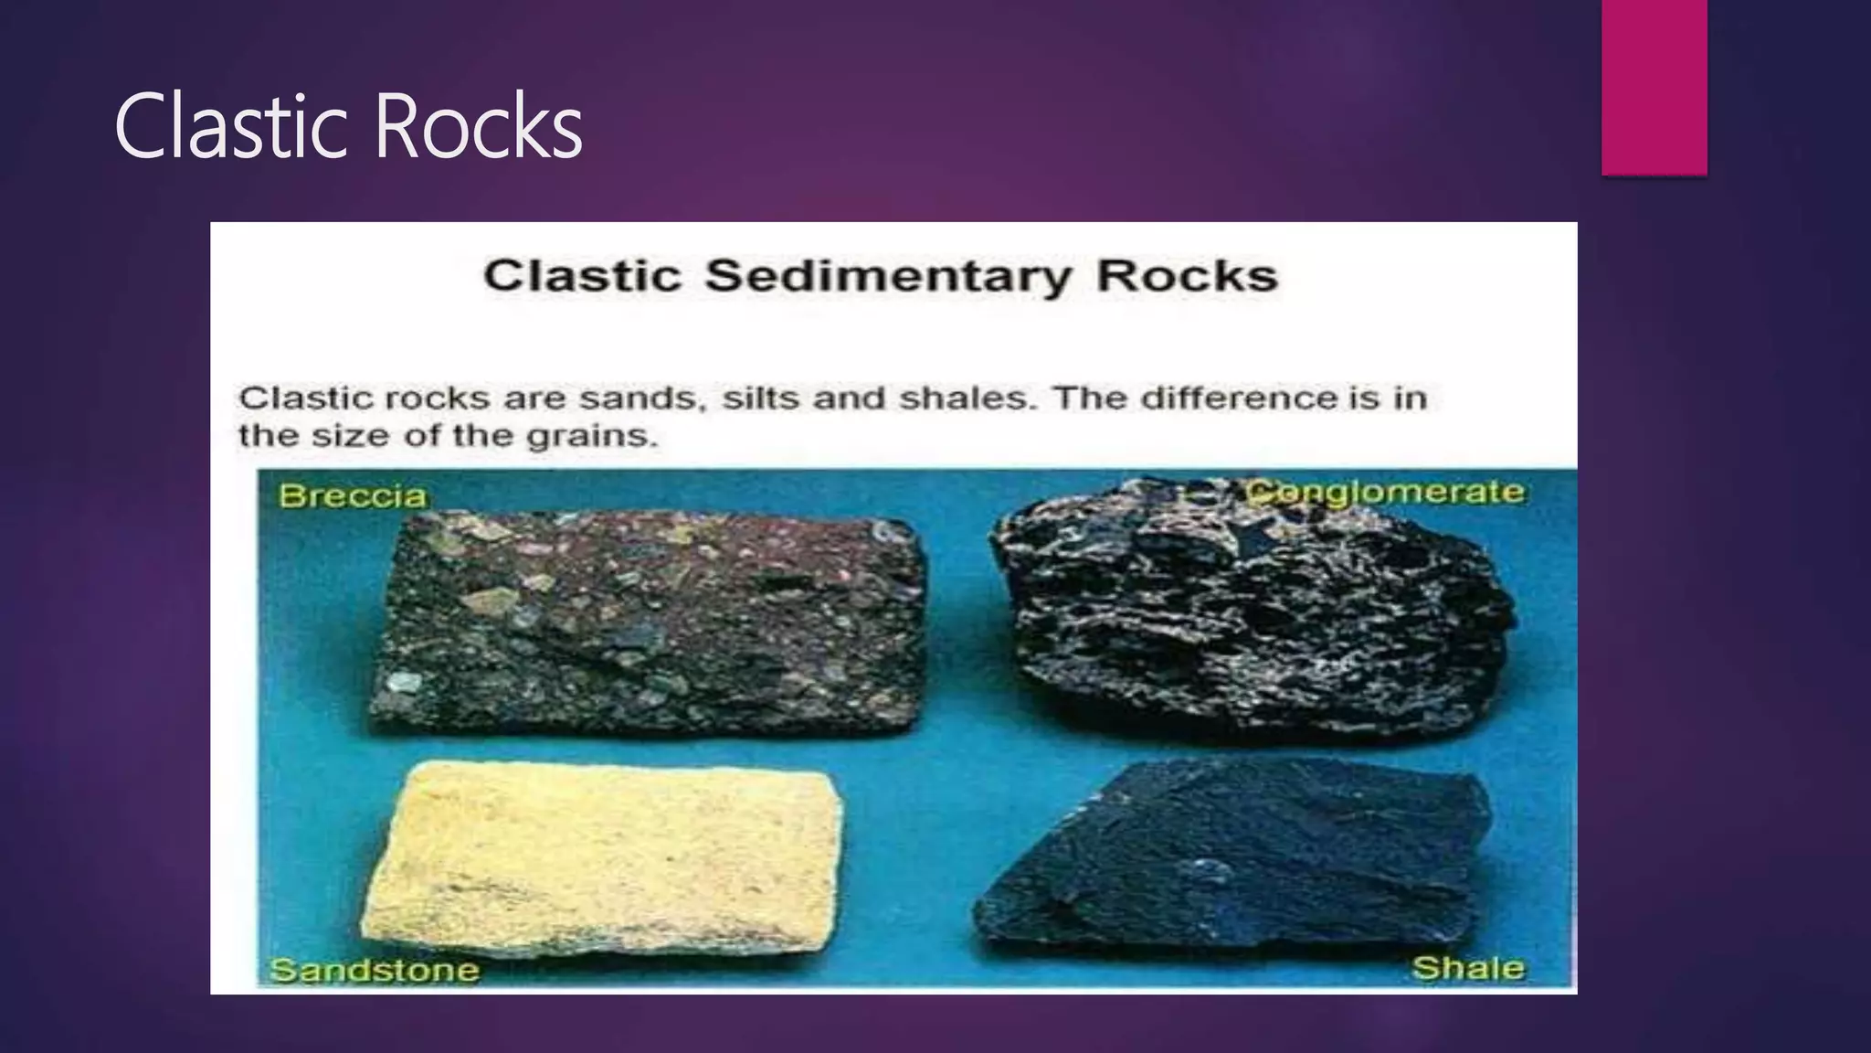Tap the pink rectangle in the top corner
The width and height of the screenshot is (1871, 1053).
(1654, 87)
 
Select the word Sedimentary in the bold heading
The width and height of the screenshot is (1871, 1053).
(887, 276)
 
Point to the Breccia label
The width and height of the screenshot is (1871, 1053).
(353, 496)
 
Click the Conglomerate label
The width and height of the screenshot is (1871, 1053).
(1386, 492)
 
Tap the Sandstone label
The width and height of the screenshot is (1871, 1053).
(375, 970)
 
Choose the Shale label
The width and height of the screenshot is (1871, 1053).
(1468, 968)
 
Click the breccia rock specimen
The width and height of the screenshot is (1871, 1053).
(649, 622)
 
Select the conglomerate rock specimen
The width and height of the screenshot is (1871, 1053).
(1252, 612)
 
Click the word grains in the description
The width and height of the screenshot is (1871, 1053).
(592, 436)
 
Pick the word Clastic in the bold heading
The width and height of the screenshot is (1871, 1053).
(583, 276)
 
